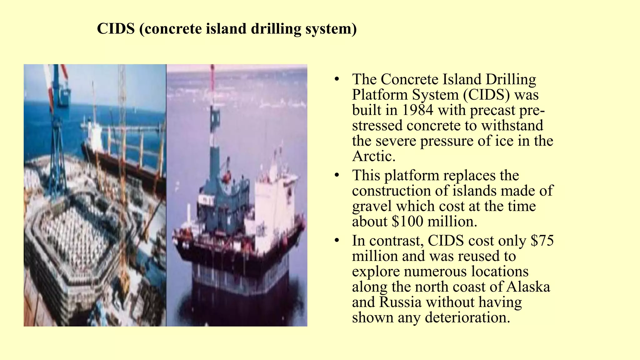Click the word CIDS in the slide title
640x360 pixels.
coord(116,29)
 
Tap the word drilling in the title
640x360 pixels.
coord(276,29)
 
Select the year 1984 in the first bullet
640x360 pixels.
coord(417,110)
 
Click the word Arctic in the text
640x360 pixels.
coord(373,156)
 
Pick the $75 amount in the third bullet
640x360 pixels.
coord(542,241)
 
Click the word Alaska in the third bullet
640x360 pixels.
coord(528,287)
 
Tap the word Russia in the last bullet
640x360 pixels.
coord(400,302)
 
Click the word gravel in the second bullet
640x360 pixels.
coord(372,206)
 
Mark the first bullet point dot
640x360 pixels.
coord(336,79)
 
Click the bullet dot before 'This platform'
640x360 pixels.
coord(336,176)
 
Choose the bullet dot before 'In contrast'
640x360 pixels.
coord(336,241)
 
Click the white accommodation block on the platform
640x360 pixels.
coord(272,203)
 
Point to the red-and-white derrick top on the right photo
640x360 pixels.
coord(212,81)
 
